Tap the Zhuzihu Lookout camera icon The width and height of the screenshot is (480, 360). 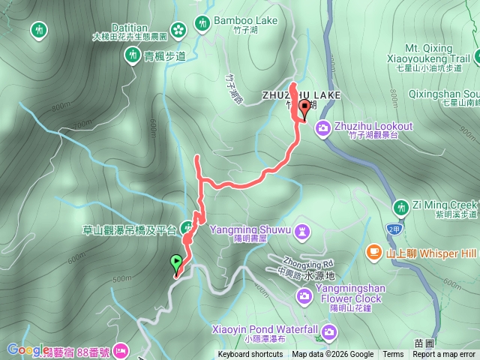tap(323, 128)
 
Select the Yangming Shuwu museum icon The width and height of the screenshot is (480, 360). tap(301, 230)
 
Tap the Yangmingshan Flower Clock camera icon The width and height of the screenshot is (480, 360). tap(304, 296)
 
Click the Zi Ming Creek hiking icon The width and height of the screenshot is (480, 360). tap(401, 206)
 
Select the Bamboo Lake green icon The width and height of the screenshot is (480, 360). tap(202, 24)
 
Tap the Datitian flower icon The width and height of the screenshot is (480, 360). tap(178, 30)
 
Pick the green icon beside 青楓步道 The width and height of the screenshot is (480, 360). tap(133, 54)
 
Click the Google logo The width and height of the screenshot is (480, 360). tap(28, 349)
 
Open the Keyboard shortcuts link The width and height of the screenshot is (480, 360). tap(250, 355)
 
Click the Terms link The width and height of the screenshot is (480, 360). tap(393, 355)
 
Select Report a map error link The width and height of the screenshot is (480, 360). tap(445, 355)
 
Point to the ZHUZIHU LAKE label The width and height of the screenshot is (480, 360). tap(301, 95)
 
